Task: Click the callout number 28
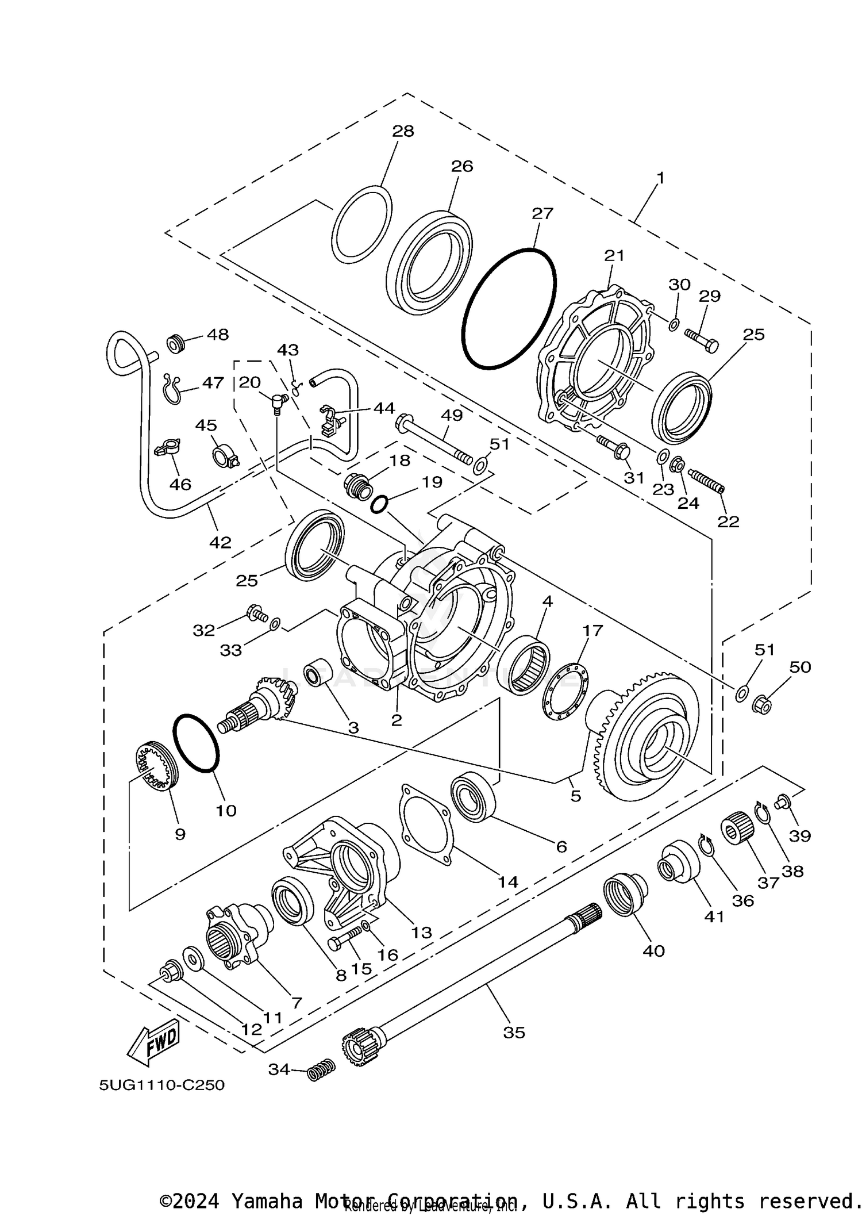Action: coord(403,131)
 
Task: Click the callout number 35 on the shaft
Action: coord(514,1033)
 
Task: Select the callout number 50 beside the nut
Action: coord(800,667)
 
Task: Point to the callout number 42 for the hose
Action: coord(220,542)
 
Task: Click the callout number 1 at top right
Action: coord(660,178)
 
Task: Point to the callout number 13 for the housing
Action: coord(421,933)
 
